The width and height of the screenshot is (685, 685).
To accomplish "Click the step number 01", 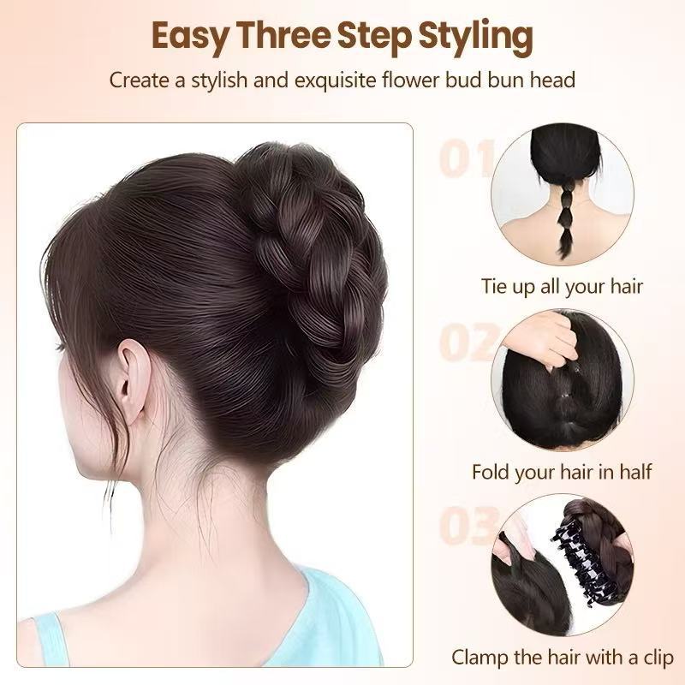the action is (x=466, y=158).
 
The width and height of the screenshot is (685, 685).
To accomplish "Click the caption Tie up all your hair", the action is (x=562, y=287).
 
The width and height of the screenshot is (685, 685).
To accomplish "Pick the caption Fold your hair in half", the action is (x=562, y=473).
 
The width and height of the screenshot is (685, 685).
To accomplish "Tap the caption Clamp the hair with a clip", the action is (x=563, y=658).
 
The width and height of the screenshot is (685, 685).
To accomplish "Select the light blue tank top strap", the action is (x=52, y=639).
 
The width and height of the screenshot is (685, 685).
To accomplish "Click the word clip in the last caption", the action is (x=658, y=658).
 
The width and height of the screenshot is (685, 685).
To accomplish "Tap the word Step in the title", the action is (x=374, y=38).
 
